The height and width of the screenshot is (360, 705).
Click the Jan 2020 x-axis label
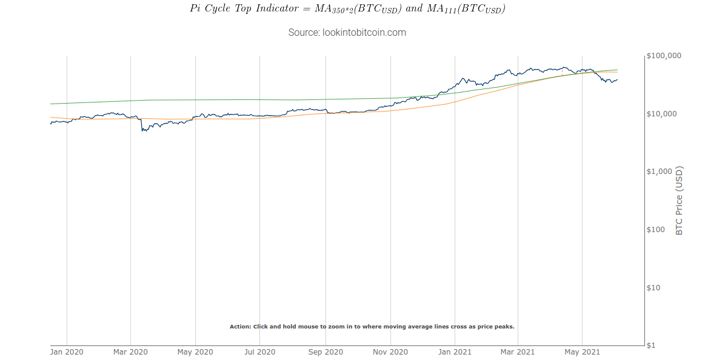[x=67, y=352]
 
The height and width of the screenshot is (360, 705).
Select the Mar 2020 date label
[x=130, y=352]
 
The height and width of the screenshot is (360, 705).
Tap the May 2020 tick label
[x=195, y=352]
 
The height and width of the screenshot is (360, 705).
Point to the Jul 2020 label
[x=259, y=352]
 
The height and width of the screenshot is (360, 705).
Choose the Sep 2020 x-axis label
[x=326, y=352]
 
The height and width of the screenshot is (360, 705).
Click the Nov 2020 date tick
[x=390, y=352]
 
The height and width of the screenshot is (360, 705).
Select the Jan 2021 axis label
[x=455, y=352]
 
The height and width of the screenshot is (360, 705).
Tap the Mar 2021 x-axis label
[x=517, y=352]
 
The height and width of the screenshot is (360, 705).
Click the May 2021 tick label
[x=582, y=352]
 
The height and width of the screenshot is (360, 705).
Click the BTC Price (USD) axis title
[x=679, y=200]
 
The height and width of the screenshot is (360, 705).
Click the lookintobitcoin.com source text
[x=347, y=32]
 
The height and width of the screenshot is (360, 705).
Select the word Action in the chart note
[x=239, y=327]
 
